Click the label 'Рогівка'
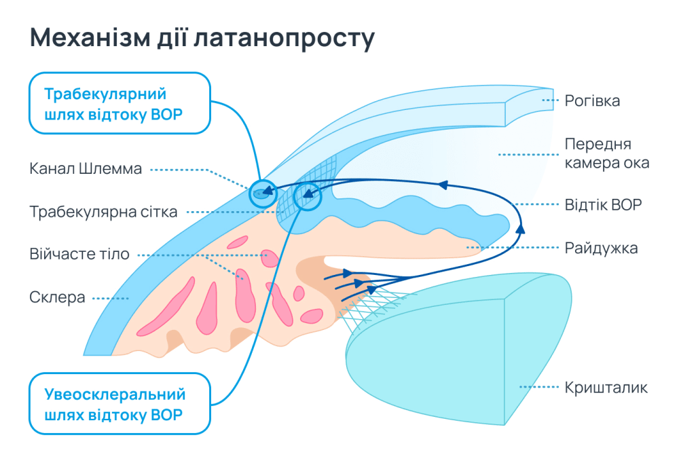tap(592, 101)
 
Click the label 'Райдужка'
tap(601, 248)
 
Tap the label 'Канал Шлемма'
tap(86, 168)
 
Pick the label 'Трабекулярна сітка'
tap(103, 212)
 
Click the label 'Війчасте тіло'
tap(79, 255)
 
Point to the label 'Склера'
tap(57, 297)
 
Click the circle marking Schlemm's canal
tap(262, 193)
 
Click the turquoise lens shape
tap(435, 353)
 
